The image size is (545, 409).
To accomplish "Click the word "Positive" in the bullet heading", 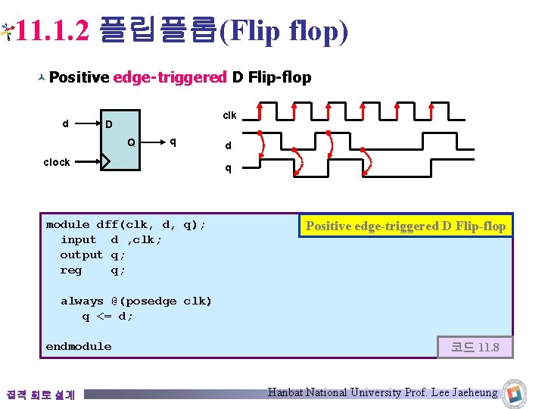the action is (x=79, y=77).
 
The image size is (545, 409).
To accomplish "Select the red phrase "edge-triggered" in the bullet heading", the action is (x=170, y=77).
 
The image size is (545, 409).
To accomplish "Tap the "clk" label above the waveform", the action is (x=229, y=115).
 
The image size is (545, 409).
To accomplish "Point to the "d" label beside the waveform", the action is (x=228, y=146).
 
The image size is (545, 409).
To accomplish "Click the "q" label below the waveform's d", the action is (x=228, y=168).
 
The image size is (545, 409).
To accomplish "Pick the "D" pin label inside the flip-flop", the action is (x=109, y=124).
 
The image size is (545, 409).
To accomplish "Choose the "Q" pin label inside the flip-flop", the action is (x=132, y=142).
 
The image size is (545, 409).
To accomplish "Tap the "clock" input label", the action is (x=57, y=162).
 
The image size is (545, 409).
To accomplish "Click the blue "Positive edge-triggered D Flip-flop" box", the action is (x=406, y=226).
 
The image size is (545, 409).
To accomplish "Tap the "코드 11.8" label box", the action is (x=475, y=347).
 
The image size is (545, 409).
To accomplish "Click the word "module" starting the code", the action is (x=67, y=224).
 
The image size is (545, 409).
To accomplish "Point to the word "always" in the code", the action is (x=82, y=301).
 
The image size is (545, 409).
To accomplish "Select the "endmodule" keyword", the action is (x=78, y=346).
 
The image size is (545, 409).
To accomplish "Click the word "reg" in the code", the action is (x=71, y=270).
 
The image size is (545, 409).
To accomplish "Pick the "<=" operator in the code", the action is (x=104, y=316).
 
